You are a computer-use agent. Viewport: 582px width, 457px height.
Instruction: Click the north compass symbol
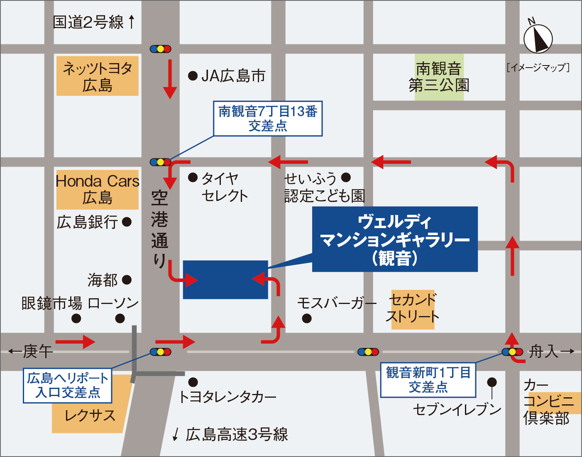[x=538, y=38]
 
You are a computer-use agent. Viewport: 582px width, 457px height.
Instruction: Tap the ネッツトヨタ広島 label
[x=98, y=76]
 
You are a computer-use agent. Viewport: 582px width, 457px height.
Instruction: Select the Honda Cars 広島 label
[x=98, y=189]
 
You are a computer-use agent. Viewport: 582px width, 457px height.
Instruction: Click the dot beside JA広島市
[x=193, y=75]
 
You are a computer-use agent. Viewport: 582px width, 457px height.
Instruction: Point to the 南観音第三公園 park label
[x=439, y=77]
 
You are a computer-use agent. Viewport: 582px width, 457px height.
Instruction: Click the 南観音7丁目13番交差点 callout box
[x=268, y=119]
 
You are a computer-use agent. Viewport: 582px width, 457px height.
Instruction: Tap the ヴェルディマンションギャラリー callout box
[x=395, y=239]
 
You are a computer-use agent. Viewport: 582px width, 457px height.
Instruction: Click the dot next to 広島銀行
[x=127, y=222]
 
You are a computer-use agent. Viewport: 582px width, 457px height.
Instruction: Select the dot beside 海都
[x=127, y=280]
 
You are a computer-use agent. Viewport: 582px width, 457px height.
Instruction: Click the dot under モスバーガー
[x=307, y=318]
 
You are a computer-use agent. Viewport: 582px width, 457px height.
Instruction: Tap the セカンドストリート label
[x=413, y=309]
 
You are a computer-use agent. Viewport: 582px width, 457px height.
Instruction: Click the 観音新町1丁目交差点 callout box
[x=428, y=380]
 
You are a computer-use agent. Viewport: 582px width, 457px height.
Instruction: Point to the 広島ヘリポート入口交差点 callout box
[x=68, y=385]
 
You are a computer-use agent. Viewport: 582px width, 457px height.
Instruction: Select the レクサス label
[x=90, y=416]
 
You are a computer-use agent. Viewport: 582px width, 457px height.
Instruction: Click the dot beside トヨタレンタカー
[x=193, y=382]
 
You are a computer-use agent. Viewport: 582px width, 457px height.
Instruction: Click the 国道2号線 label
[x=88, y=22]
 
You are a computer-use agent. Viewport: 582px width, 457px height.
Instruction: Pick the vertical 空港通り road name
[x=160, y=228]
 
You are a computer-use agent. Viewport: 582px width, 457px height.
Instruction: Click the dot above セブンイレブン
[x=492, y=382]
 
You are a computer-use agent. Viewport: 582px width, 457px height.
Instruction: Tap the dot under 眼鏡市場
[x=76, y=318]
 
